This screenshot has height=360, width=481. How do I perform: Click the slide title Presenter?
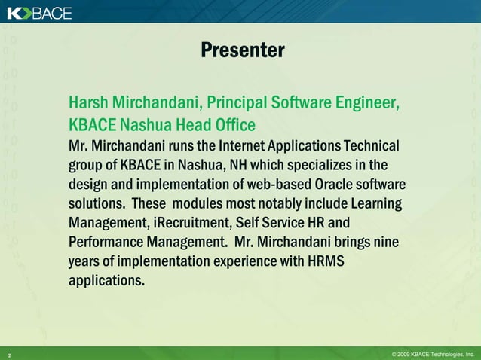(242, 50)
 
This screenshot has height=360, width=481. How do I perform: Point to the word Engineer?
(369, 102)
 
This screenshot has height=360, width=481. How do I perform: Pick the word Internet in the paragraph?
(248, 145)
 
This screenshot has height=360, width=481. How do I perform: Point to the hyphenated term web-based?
(265, 185)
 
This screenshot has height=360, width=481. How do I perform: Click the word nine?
(384, 243)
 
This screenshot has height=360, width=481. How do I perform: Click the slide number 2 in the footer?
(9, 354)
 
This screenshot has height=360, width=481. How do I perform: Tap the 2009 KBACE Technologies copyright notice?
(432, 353)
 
